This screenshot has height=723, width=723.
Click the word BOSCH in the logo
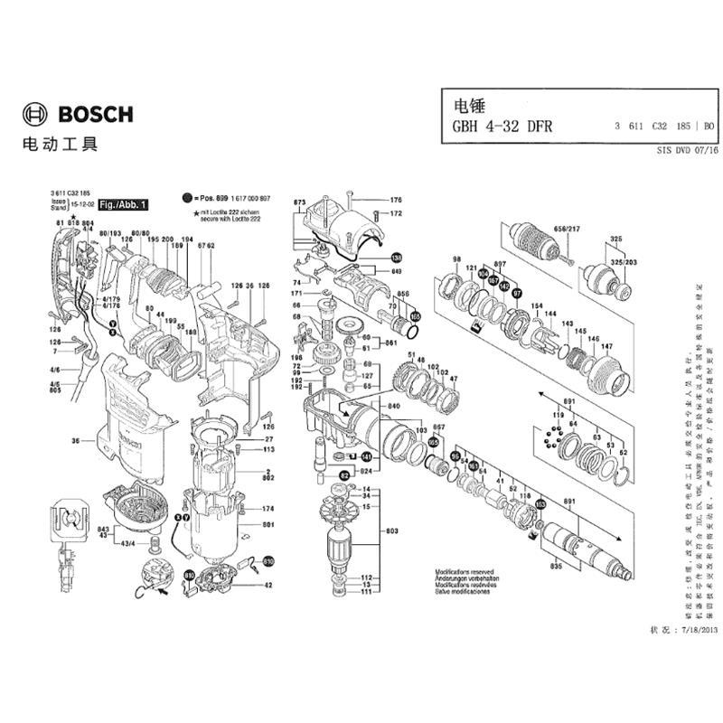point(95,115)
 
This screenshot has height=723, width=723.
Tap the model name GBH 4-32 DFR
point(494,127)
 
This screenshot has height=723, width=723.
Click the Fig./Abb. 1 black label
point(125,205)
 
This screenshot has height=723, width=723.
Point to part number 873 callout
point(300,202)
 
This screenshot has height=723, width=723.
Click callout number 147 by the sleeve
point(607,347)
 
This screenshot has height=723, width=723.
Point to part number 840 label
point(393,408)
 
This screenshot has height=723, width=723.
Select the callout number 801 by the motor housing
point(268,525)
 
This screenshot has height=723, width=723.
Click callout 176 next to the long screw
point(395,200)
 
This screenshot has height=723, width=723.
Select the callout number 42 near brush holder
point(268,586)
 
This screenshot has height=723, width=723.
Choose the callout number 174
point(268,510)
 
